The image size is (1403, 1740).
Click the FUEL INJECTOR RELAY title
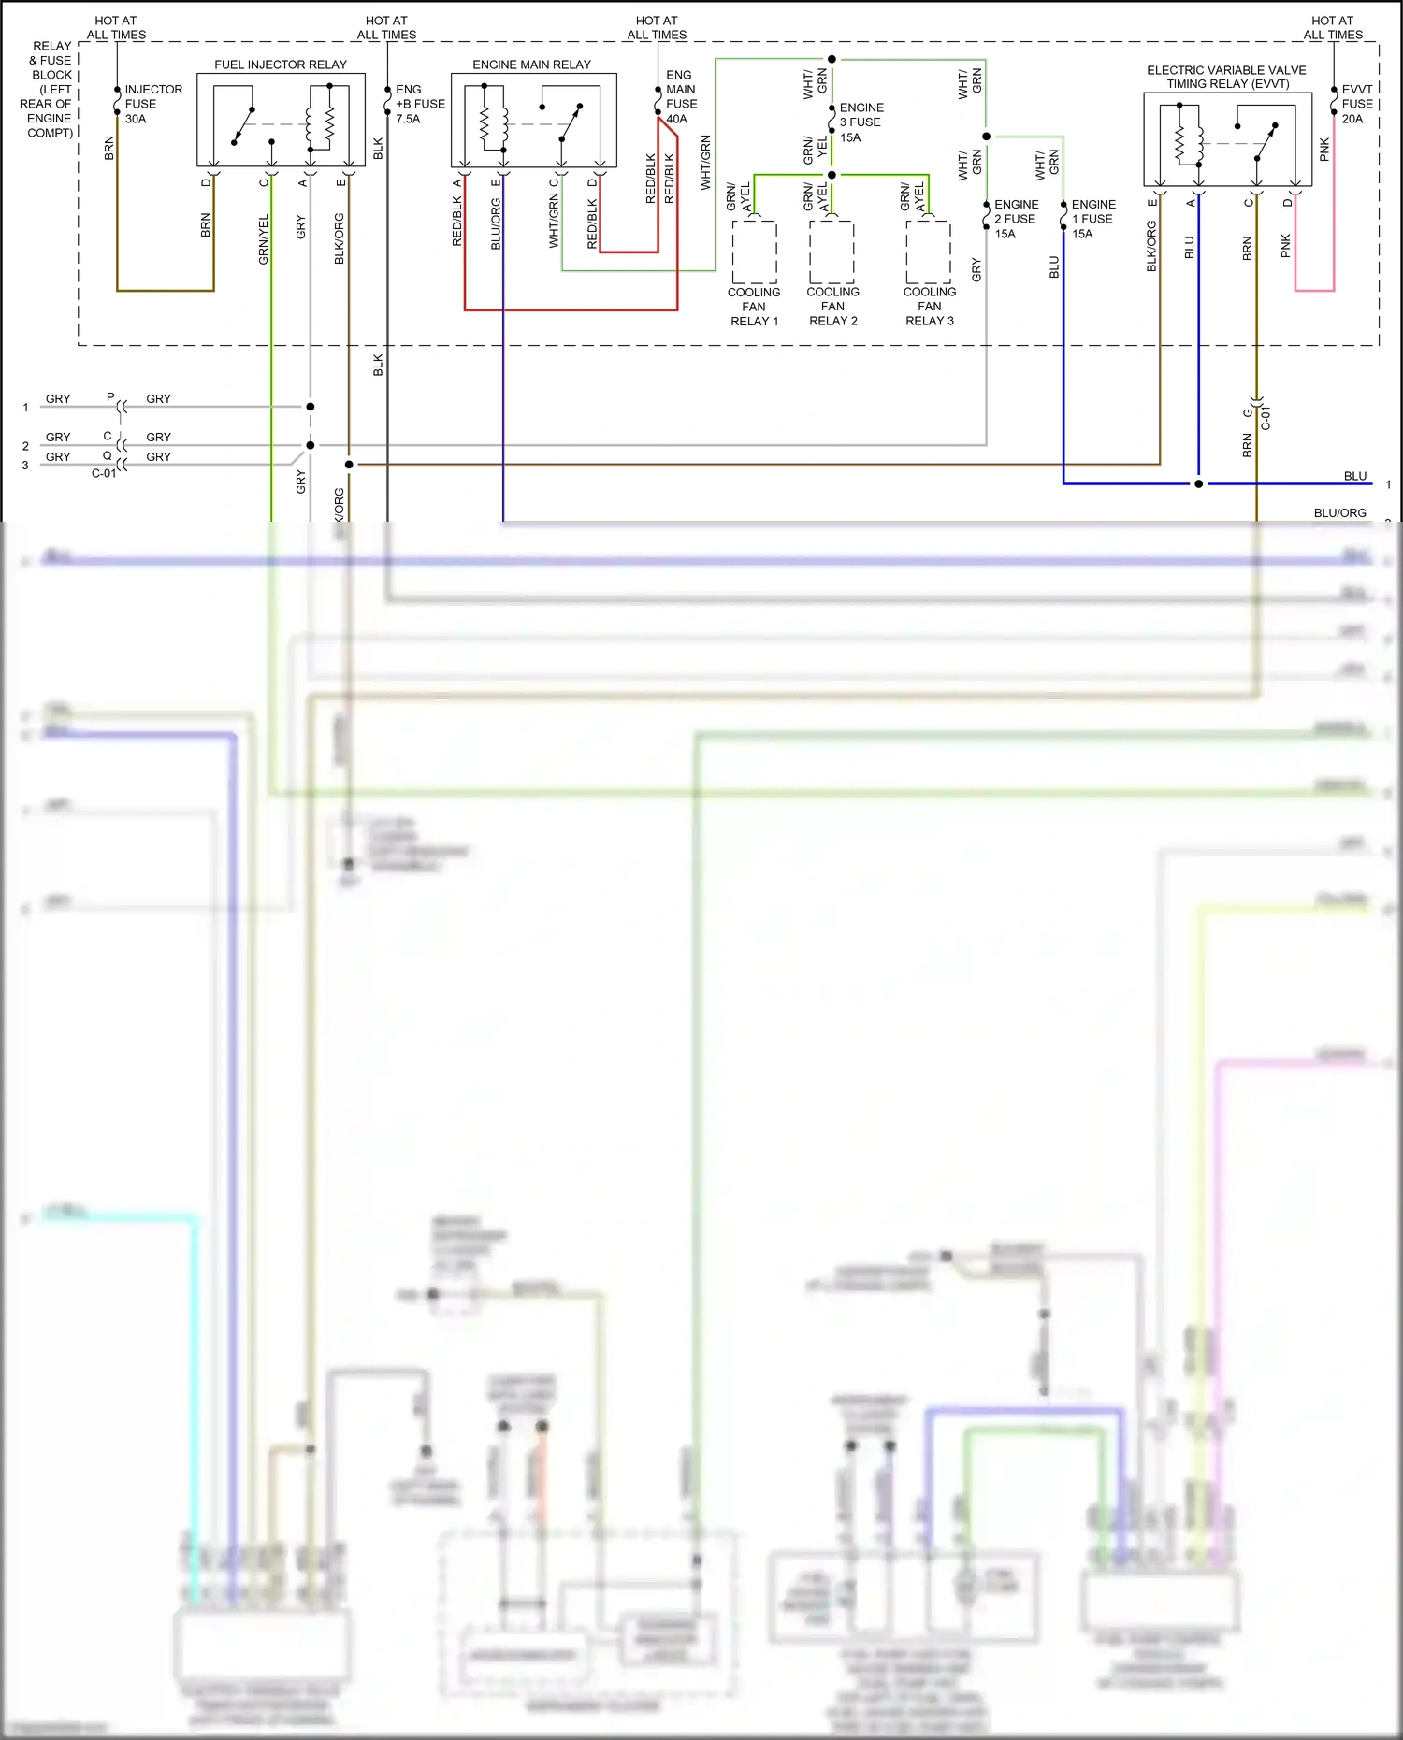tap(280, 65)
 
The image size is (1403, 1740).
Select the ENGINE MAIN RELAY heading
tap(531, 65)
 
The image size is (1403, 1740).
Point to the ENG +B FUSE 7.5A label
tap(419, 104)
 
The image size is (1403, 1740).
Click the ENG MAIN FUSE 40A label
tap(681, 97)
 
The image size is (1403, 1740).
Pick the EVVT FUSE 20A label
tap(1356, 104)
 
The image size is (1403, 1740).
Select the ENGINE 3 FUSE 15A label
tap(861, 122)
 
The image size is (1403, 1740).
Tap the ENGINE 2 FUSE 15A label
tap(1015, 219)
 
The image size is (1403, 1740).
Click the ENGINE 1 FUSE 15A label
tap(1092, 219)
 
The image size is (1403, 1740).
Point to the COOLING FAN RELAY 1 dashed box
tap(754, 252)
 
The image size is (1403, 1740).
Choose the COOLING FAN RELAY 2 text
tap(832, 307)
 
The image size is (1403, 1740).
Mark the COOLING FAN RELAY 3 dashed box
tap(928, 252)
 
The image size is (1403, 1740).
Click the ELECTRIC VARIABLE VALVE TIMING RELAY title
tap(1226, 77)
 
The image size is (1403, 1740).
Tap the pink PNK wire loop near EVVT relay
tap(1314, 290)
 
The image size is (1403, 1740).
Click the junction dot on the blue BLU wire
tap(1198, 483)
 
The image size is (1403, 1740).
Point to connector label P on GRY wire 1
tap(110, 397)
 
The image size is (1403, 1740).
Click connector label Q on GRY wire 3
tap(107, 456)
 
